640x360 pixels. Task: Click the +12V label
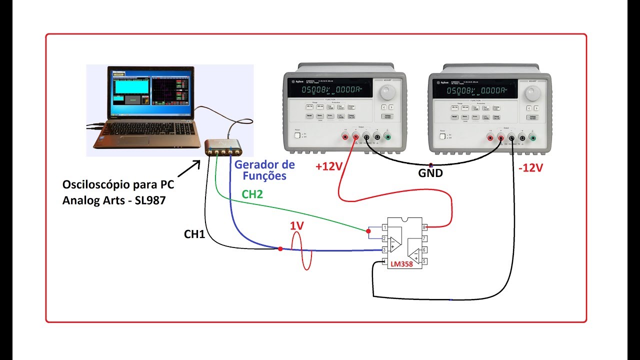click(x=328, y=167)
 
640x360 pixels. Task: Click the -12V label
click(x=530, y=168)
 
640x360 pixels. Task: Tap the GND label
click(x=430, y=173)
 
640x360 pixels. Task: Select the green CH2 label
click(x=252, y=194)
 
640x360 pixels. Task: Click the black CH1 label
click(x=194, y=233)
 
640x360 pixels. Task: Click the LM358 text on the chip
click(x=402, y=264)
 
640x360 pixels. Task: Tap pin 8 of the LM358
click(x=424, y=227)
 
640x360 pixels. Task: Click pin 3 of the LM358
click(x=384, y=249)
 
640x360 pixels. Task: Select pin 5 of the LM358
click(x=424, y=261)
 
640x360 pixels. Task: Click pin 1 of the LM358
click(x=384, y=227)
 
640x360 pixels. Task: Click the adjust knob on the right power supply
click(x=532, y=92)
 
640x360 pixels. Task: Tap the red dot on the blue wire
click(x=280, y=248)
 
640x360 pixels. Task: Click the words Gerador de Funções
click(x=265, y=170)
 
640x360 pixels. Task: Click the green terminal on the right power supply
click(x=532, y=138)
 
